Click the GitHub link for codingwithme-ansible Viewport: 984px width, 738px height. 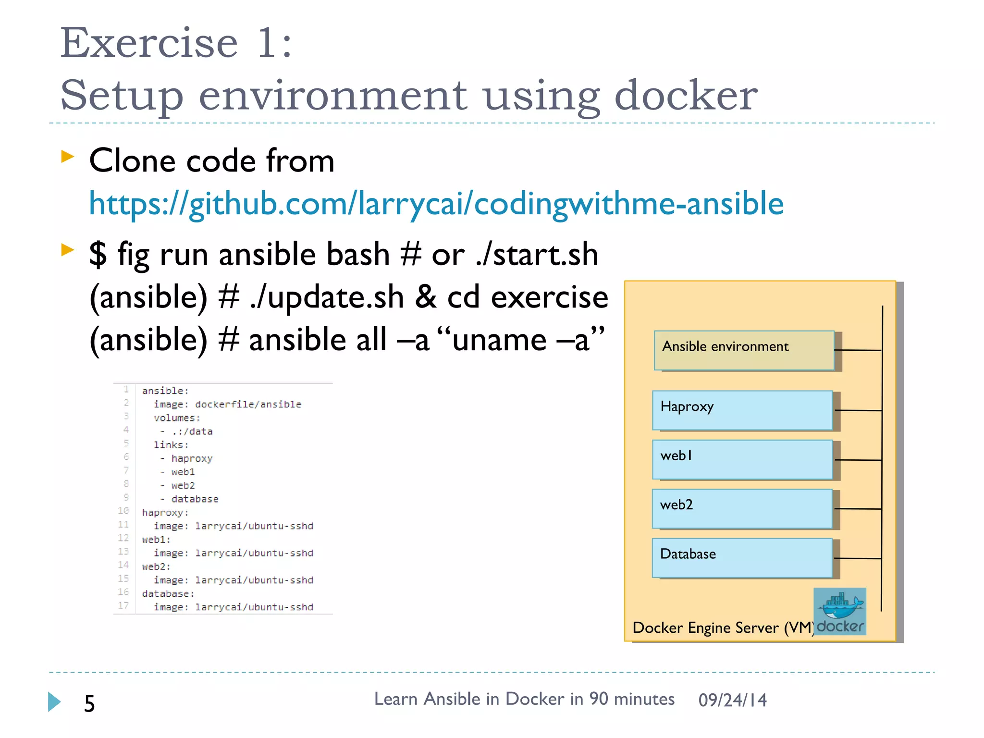coord(436,204)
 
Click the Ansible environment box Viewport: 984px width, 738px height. coord(744,350)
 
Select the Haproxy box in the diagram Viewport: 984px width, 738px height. coord(742,410)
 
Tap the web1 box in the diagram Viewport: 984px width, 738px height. coord(742,459)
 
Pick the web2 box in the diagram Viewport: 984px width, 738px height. coord(742,508)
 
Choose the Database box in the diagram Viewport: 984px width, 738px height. coord(742,557)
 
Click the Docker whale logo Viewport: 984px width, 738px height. coord(840,606)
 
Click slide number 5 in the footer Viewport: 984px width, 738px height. coord(89,703)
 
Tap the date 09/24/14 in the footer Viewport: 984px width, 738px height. coord(732,700)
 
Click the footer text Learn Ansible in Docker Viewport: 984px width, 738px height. coord(524,699)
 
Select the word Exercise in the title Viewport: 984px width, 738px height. coord(149,43)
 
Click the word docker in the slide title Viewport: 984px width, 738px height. coord(686,95)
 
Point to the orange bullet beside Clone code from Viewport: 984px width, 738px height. coord(68,156)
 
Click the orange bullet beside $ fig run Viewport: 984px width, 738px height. coord(68,249)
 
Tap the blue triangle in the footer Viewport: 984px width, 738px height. coord(54,702)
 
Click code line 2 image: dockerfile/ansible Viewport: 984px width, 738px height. coord(227,405)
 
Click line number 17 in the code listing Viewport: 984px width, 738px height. coord(123,605)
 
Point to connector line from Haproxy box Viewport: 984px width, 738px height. coord(858,410)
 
